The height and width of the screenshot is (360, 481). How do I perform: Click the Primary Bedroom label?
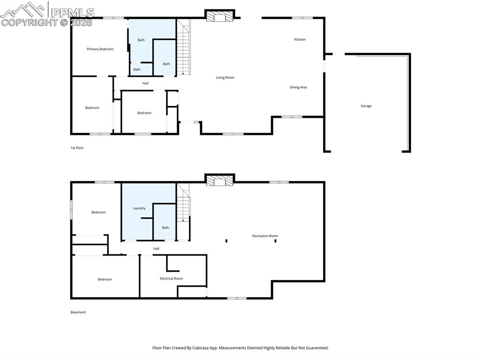[100, 49]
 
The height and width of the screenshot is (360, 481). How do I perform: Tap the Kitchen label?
[300, 39]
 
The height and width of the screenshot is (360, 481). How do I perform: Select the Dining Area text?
[298, 87]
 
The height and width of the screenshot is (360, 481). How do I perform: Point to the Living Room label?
[225, 77]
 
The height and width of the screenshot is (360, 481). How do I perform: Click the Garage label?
[366, 106]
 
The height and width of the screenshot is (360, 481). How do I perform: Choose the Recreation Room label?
[265, 236]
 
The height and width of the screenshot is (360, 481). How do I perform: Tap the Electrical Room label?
[171, 279]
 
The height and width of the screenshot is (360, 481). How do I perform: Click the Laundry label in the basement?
[139, 208]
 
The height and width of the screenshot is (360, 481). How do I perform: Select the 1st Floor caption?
[77, 148]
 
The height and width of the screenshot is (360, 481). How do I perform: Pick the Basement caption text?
[78, 312]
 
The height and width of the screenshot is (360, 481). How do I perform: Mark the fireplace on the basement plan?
[219, 180]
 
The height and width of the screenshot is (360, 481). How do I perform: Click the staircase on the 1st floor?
[183, 47]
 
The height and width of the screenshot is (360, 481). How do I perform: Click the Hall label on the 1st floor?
[146, 84]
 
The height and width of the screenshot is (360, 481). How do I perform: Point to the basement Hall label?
[156, 249]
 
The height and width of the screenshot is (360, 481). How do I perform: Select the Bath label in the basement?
[165, 228]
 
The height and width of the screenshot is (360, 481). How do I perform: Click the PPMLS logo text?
[72, 12]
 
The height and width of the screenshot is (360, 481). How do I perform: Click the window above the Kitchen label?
[302, 18]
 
